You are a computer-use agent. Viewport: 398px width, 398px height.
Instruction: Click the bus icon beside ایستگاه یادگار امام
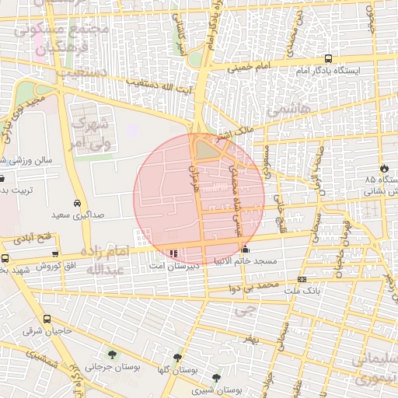327,58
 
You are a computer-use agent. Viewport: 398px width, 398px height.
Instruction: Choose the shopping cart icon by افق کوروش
54,254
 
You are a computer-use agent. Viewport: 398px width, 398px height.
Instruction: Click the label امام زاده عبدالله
104,261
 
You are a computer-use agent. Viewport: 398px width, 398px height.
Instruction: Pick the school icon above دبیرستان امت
173,253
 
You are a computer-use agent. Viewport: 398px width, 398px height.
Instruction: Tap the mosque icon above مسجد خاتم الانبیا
246,250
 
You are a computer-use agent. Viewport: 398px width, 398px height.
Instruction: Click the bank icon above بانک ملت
302,279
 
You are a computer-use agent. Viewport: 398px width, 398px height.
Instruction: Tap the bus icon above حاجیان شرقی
47,319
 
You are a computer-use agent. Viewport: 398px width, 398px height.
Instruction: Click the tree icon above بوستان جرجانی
113,354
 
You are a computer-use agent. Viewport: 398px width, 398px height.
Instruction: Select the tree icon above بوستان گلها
178,358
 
